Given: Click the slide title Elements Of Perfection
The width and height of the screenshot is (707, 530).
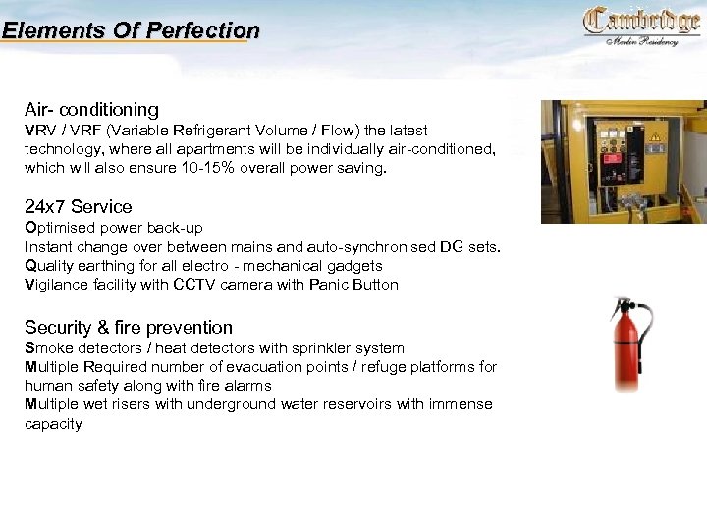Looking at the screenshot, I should click(x=131, y=30).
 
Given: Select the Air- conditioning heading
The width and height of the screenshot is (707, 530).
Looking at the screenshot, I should click(x=91, y=109).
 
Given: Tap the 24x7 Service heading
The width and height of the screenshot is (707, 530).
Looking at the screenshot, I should click(x=78, y=206).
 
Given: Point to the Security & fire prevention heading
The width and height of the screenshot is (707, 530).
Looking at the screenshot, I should click(x=129, y=327).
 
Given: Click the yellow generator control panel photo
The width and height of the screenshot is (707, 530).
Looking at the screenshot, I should click(x=623, y=161).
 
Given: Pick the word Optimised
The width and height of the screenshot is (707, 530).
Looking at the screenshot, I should click(x=61, y=228).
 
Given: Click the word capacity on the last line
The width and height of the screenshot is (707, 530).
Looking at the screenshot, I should click(x=53, y=424).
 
